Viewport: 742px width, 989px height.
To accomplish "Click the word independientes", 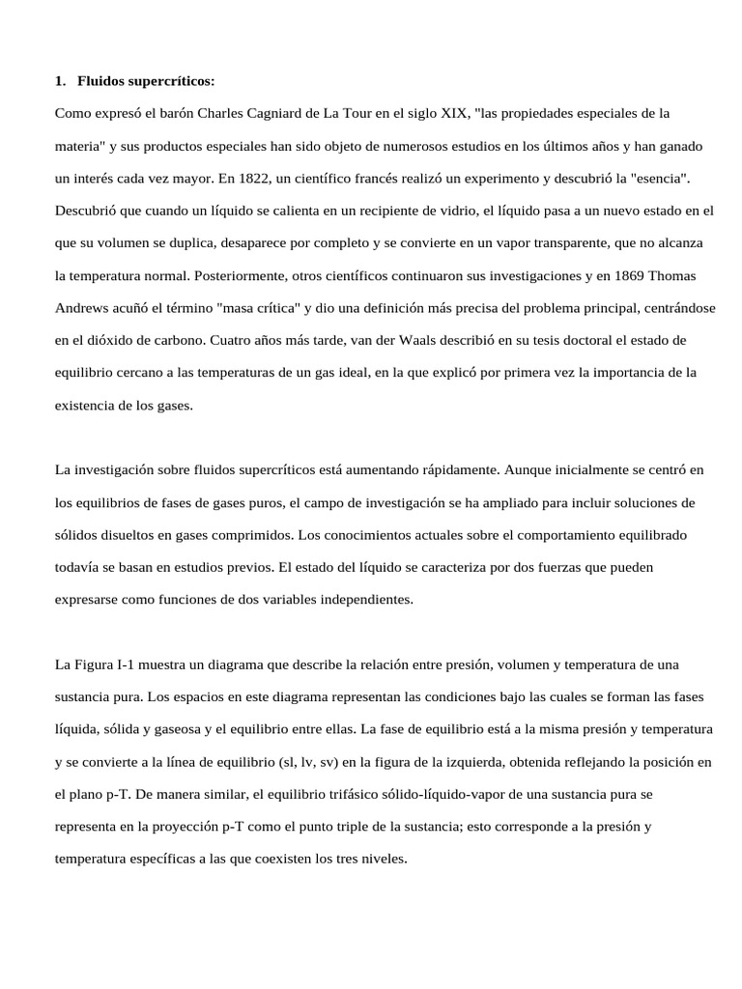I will [359, 600].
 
